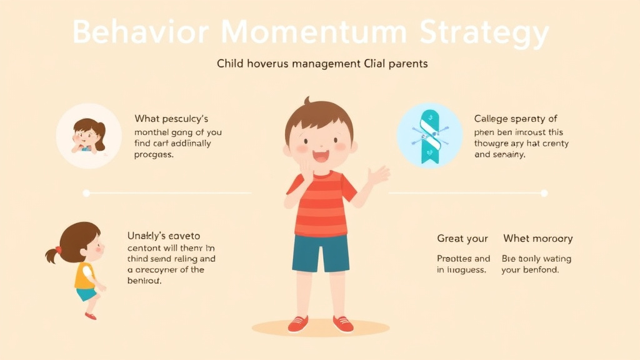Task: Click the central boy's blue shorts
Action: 321,252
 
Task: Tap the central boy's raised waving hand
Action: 379,175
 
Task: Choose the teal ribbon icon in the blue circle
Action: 430,136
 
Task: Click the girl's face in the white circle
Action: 86,135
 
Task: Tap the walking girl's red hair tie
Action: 58,250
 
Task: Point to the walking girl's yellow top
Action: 84,275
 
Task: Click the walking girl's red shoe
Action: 91,316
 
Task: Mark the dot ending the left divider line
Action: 86,193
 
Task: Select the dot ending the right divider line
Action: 544,193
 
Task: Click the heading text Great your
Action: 462,239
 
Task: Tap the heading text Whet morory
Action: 537,239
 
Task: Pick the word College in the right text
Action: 492,119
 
